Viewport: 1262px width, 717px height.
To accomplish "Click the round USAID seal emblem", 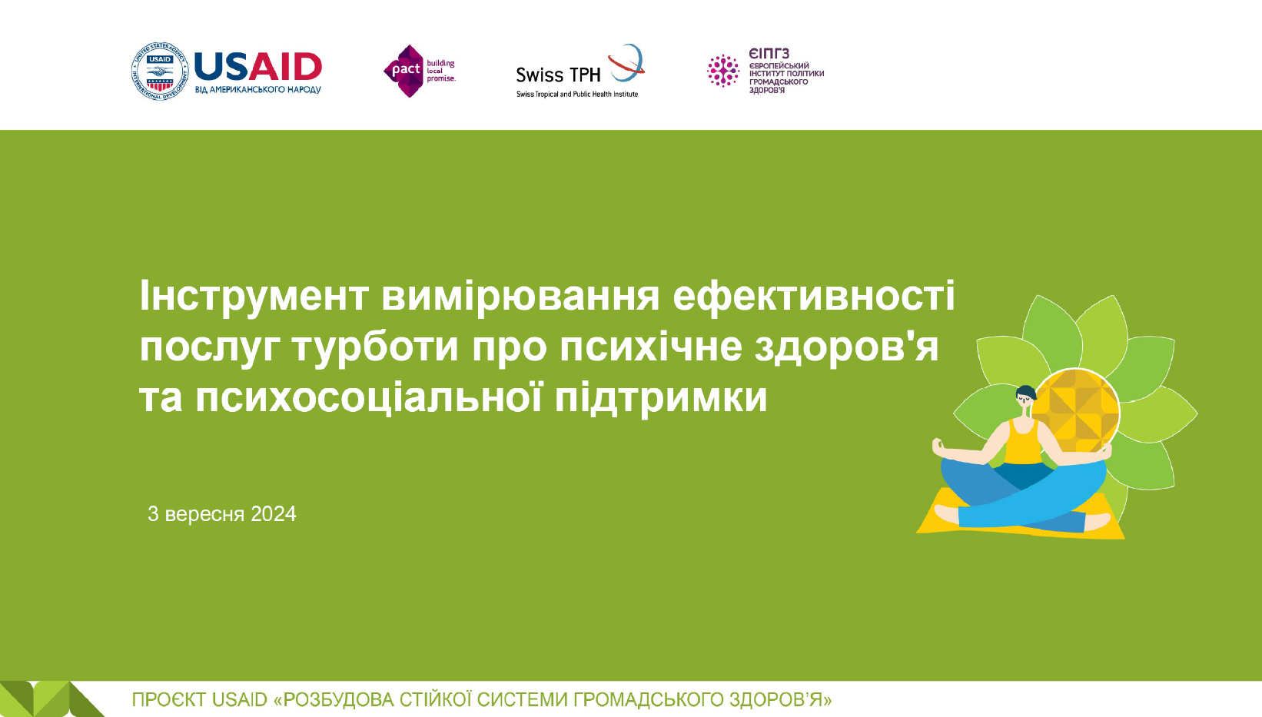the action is tap(160, 71).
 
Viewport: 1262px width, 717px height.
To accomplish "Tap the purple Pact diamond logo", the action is tap(404, 71).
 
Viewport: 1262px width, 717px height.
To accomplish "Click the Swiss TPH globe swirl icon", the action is tap(626, 62).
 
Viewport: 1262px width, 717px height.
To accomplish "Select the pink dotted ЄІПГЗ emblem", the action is tap(722, 71).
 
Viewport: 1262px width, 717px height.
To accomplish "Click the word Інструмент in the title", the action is tap(254, 296).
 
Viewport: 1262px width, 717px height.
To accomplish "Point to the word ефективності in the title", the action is tap(814, 296).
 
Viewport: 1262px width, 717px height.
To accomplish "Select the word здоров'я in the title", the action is tap(846, 347).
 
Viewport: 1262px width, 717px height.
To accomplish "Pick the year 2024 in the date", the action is tap(274, 513).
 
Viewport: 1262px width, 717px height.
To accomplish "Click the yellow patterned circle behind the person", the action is tap(1077, 412).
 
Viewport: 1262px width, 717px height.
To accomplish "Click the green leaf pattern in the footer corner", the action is tap(51, 699).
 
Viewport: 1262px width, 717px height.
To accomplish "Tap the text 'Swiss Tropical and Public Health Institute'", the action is tap(577, 94).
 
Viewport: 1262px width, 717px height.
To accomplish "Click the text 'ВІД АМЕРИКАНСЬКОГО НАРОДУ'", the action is tap(258, 90).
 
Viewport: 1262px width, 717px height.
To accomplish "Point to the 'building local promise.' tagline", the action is tap(440, 71).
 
